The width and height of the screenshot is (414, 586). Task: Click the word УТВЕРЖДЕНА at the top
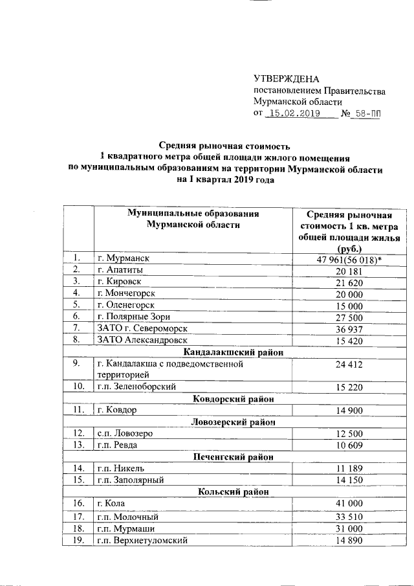pyautogui.click(x=287, y=78)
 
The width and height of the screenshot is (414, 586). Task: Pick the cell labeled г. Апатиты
pyautogui.click(x=120, y=270)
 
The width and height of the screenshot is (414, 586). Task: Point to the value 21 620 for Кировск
pyautogui.click(x=349, y=282)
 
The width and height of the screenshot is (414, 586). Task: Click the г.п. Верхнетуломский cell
pyautogui.click(x=142, y=541)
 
